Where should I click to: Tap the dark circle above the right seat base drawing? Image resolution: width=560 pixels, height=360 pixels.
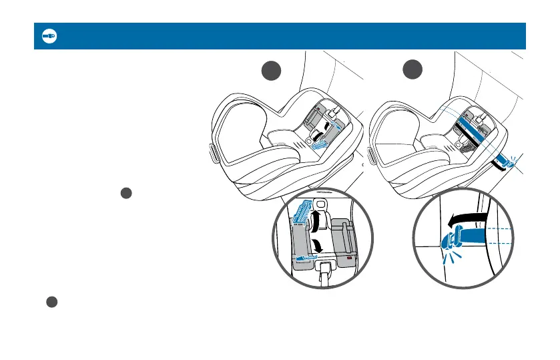[x=414, y=70]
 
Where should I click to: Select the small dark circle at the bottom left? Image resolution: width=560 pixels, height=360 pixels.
[x=51, y=302]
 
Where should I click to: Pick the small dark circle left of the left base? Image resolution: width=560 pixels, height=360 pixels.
[x=124, y=193]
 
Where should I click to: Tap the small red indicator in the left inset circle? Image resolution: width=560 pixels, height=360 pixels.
[x=348, y=256]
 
